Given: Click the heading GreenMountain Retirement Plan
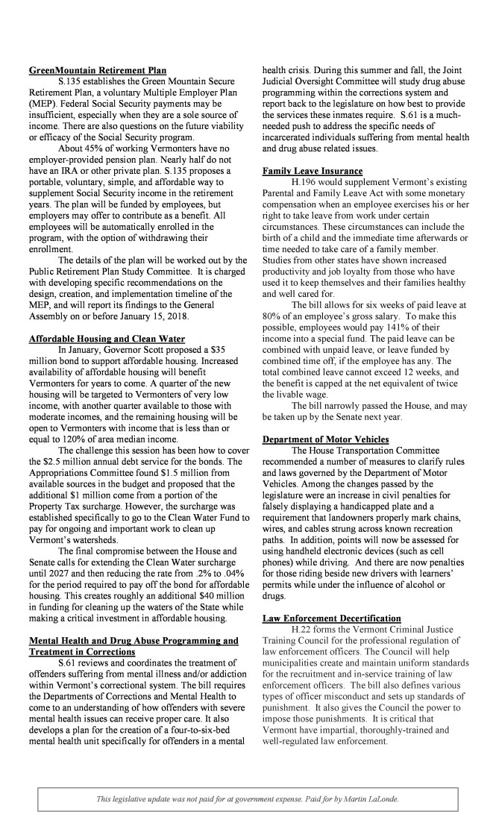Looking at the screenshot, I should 97,71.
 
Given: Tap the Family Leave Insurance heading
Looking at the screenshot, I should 307,172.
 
